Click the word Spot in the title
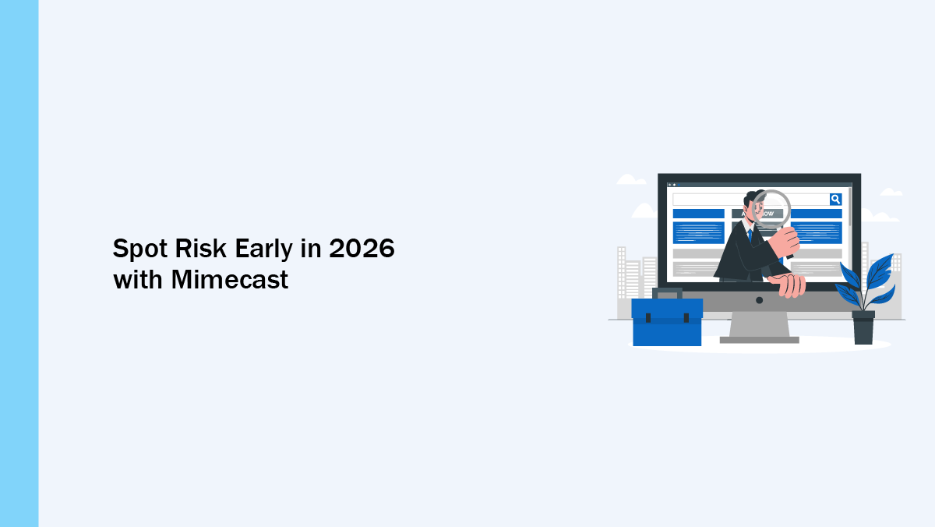pos(140,249)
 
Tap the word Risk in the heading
pos(201,249)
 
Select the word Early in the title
pos(264,249)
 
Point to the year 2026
pos(362,249)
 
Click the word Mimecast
pos(230,280)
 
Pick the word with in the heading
pos(138,280)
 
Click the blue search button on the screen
pos(835,200)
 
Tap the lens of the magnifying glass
pos(771,209)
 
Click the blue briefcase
pos(667,322)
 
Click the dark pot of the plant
pos(863,327)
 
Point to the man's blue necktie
pos(750,235)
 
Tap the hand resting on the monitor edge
pos(788,285)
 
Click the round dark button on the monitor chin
pos(759,300)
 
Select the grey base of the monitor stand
pos(759,341)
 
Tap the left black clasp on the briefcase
pos(648,318)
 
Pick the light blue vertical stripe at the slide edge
pos(19,263)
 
